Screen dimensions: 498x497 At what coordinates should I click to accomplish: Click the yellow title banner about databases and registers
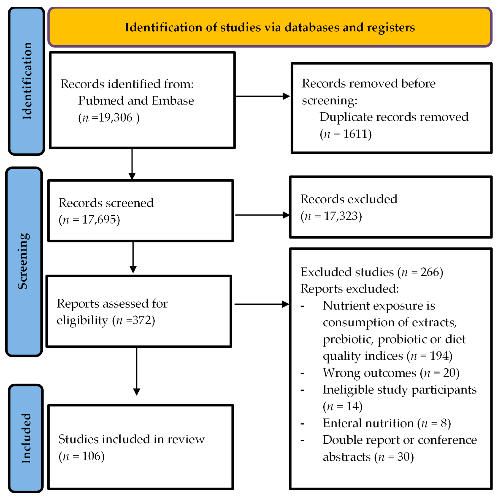(270, 27)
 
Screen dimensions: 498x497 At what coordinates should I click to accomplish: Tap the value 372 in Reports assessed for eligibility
(141, 320)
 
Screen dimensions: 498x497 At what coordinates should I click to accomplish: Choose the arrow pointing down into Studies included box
(136, 371)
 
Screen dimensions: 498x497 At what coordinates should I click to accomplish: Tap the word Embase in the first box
(173, 100)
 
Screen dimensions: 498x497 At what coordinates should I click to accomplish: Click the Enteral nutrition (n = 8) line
(386, 423)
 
